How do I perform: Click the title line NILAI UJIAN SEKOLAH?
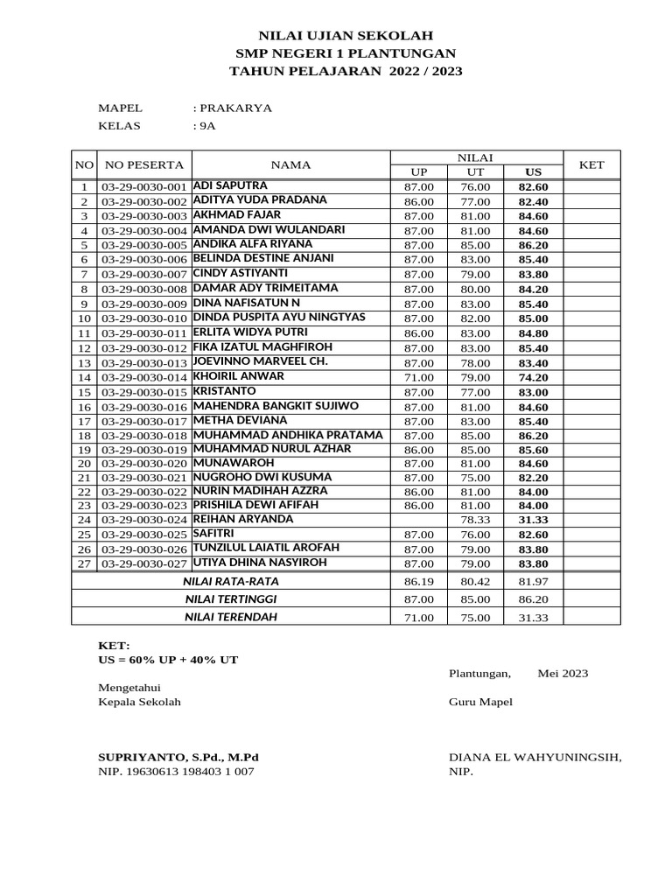[345, 36]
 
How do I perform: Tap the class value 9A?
[206, 126]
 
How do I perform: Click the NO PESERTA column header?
[144, 164]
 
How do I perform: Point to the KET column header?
[591, 164]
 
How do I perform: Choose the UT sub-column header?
[476, 171]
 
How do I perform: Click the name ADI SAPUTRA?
[230, 185]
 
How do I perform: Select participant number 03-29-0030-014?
[144, 377]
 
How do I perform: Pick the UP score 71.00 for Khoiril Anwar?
[418, 377]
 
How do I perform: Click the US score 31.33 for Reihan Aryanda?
[533, 520]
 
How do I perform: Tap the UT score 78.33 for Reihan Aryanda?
[476, 520]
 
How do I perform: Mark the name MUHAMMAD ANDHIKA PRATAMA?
[288, 435]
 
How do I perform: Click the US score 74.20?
[533, 377]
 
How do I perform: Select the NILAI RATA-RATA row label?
[230, 581]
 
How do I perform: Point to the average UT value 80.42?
[476, 581]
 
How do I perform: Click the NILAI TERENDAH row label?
[230, 617]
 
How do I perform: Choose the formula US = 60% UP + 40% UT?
[168, 659]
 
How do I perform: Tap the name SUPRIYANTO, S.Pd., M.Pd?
[178, 757]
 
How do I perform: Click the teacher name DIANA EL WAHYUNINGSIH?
[535, 757]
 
